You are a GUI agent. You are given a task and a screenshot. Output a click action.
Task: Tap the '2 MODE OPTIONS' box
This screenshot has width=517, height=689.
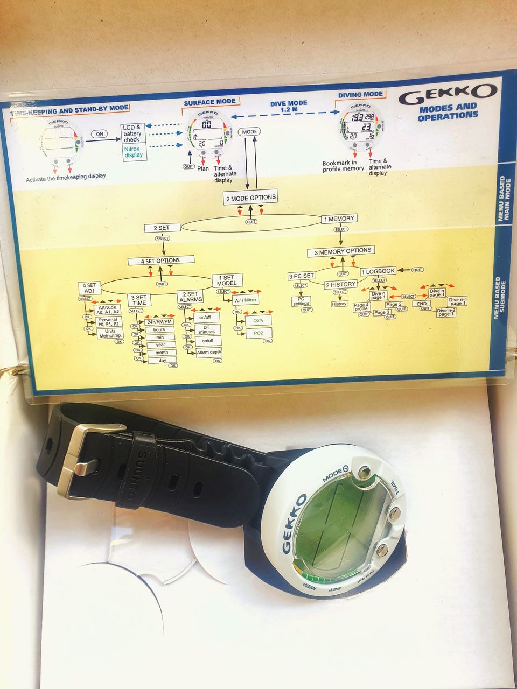pos(250,198)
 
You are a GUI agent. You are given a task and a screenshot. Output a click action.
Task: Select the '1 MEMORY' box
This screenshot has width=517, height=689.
pos(339,219)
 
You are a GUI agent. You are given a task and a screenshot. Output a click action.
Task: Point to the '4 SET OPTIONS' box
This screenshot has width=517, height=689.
pos(161,261)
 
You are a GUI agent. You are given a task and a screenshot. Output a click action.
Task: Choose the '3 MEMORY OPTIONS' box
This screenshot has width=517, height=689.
pos(343,251)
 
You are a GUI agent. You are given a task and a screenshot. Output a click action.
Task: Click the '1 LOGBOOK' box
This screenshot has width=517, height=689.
pos(378,271)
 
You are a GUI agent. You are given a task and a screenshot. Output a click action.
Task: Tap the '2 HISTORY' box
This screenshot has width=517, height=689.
pos(340,284)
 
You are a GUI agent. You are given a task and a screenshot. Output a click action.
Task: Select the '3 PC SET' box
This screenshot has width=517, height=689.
pos(302,276)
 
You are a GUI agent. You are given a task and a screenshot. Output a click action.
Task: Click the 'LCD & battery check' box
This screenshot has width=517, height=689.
pos(132,133)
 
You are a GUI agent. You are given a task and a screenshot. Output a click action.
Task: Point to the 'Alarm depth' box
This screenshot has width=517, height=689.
pos(208,353)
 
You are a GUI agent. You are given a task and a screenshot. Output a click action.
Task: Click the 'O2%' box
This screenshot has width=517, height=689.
pos(258,320)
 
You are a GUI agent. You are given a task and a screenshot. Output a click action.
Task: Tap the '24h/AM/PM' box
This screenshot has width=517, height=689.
pos(160,321)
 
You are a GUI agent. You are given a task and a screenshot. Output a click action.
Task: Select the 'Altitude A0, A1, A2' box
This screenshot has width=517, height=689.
pos(108,310)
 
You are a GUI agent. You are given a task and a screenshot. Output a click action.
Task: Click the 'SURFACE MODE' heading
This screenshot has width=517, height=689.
pos(209,102)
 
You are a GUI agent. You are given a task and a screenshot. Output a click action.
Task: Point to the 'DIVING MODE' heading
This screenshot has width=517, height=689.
pos(360,95)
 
